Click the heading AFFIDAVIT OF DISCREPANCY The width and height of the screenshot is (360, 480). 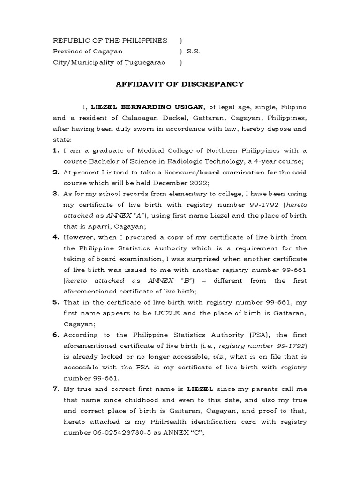(x=180, y=84)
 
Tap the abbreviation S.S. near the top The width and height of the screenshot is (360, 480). (x=193, y=52)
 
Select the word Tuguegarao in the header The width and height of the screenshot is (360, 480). (x=146, y=62)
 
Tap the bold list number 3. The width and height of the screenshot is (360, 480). (x=55, y=194)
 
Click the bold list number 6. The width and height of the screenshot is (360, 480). (x=55, y=334)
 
